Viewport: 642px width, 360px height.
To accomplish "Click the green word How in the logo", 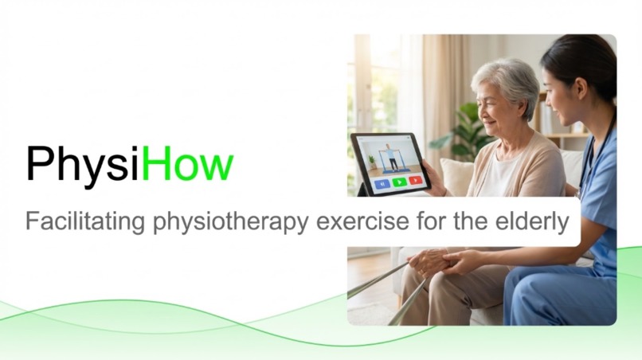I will click(192, 164).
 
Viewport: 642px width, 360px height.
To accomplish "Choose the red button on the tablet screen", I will click(415, 181).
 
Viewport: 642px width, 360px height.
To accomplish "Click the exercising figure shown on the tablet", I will click(391, 156).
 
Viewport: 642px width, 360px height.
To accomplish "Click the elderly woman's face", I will click(494, 112).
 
